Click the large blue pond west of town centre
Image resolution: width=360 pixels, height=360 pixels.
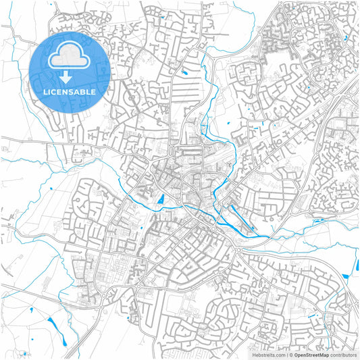pyautogui.click(x=161, y=199)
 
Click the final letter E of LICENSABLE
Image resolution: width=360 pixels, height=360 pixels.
pyautogui.click(x=94, y=92)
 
